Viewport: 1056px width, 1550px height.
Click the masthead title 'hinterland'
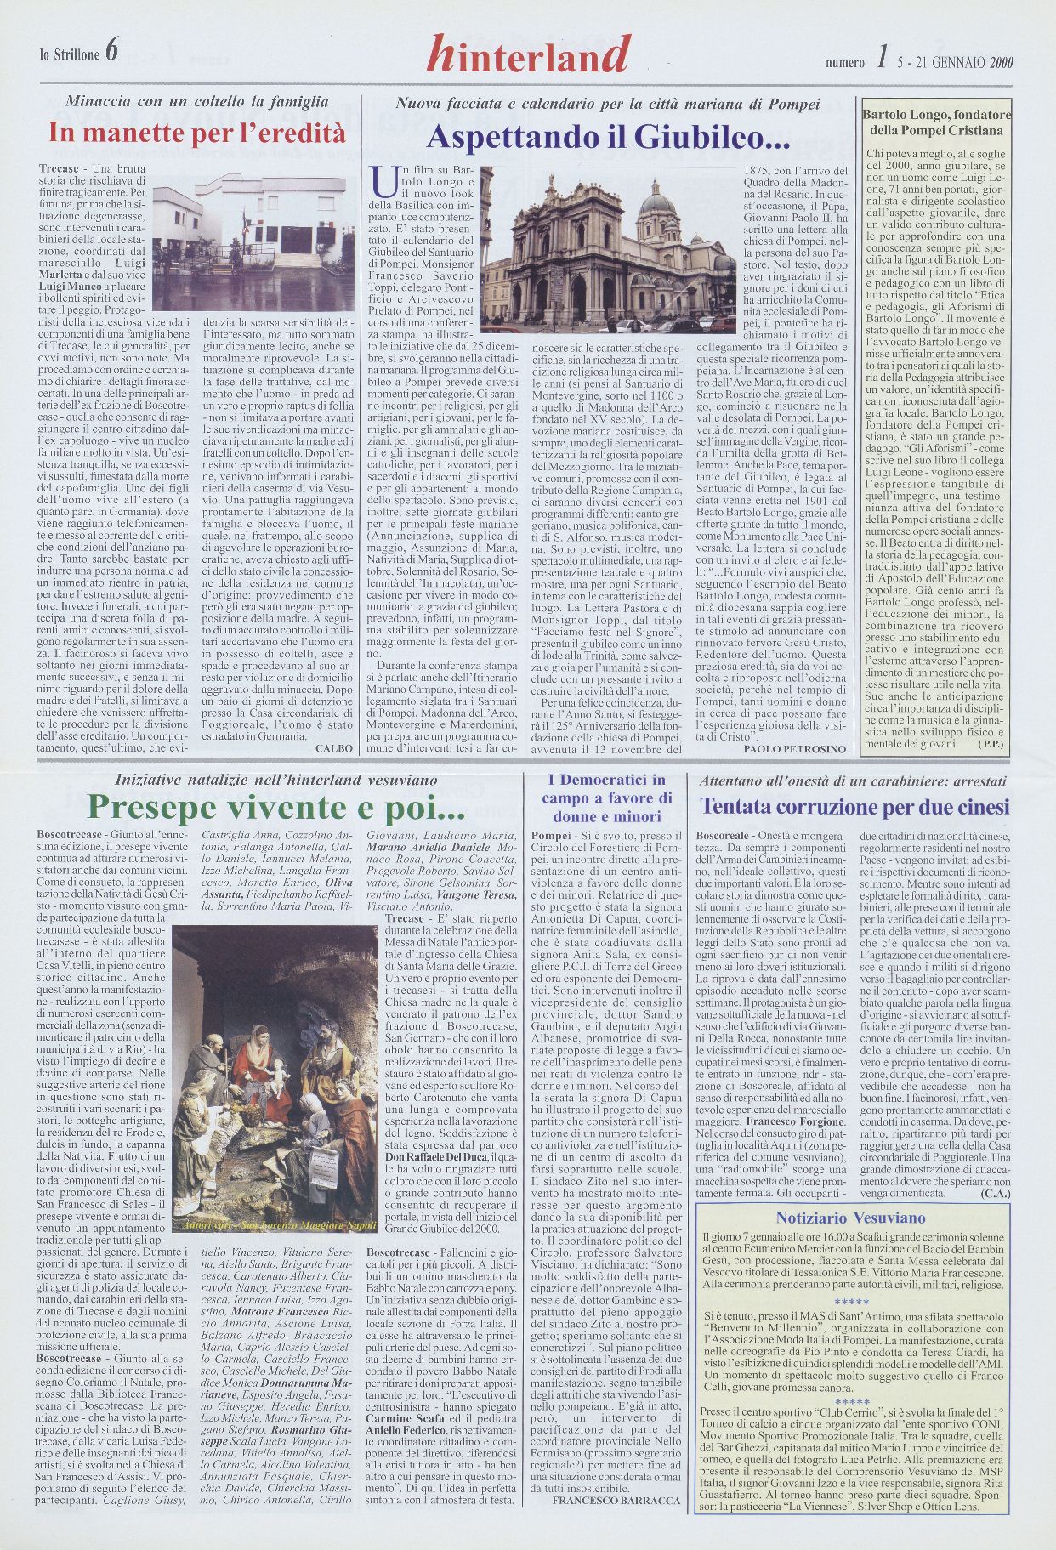click(528, 55)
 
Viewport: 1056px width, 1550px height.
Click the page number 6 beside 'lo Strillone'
click(112, 54)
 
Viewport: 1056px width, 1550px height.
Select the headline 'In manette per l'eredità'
click(197, 133)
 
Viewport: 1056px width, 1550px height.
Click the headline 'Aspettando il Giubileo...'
click(608, 136)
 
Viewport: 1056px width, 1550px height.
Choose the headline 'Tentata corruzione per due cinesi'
click(854, 806)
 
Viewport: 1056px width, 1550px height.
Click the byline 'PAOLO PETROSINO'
click(794, 749)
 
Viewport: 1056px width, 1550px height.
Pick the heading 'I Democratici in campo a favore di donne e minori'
click(606, 798)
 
